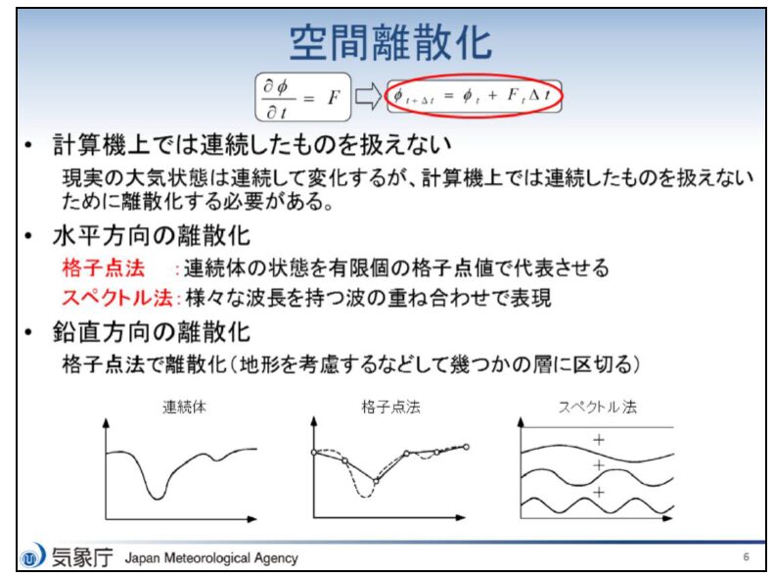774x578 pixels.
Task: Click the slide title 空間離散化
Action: click(x=390, y=43)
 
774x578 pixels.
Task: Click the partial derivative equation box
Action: click(x=303, y=97)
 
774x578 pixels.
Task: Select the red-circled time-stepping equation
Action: click(x=474, y=95)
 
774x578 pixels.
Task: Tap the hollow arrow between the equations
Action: click(x=368, y=96)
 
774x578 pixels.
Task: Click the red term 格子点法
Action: click(x=104, y=268)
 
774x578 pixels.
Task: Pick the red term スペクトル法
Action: click(x=117, y=298)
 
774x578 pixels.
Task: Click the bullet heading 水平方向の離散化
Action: click(x=152, y=236)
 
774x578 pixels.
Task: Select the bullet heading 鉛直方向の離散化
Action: click(x=152, y=331)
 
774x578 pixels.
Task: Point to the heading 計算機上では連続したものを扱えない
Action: click(x=252, y=145)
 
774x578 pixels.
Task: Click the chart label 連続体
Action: click(x=185, y=407)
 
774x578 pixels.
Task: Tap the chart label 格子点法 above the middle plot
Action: click(x=391, y=407)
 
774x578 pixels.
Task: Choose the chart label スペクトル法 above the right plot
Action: click(x=597, y=407)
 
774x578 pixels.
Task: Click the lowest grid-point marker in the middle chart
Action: click(x=376, y=480)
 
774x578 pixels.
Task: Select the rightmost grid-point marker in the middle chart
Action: click(x=466, y=447)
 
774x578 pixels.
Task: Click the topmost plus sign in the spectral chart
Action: click(x=599, y=439)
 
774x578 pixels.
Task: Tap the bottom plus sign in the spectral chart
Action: click(x=599, y=492)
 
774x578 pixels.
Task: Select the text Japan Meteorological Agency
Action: click(x=211, y=558)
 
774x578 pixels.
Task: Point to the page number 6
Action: click(x=746, y=556)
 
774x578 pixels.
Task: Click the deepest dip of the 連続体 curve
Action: click(x=158, y=499)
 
